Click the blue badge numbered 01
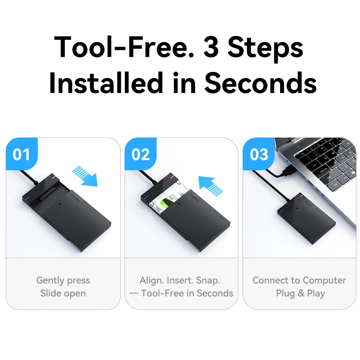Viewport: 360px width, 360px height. click(22, 154)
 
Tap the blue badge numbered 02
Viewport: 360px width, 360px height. click(140, 154)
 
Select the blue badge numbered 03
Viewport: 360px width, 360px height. click(259, 154)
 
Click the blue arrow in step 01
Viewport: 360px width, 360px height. click(85, 176)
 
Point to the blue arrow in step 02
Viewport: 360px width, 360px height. click(211, 186)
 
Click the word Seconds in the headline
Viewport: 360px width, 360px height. click(261, 83)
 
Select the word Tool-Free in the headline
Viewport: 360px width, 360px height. click(124, 47)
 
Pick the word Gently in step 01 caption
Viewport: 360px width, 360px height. click(50, 281)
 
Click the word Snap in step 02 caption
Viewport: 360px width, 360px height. click(208, 281)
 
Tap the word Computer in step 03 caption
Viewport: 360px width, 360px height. click(324, 280)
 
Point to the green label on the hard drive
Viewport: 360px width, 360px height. click(165, 204)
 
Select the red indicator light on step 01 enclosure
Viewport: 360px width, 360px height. click(54, 177)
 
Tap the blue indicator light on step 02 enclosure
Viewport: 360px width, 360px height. click(145, 197)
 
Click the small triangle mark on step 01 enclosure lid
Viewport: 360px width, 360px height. click(60, 204)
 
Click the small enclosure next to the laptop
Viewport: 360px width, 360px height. click(306, 218)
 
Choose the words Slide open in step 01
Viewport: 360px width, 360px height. click(63, 293)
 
